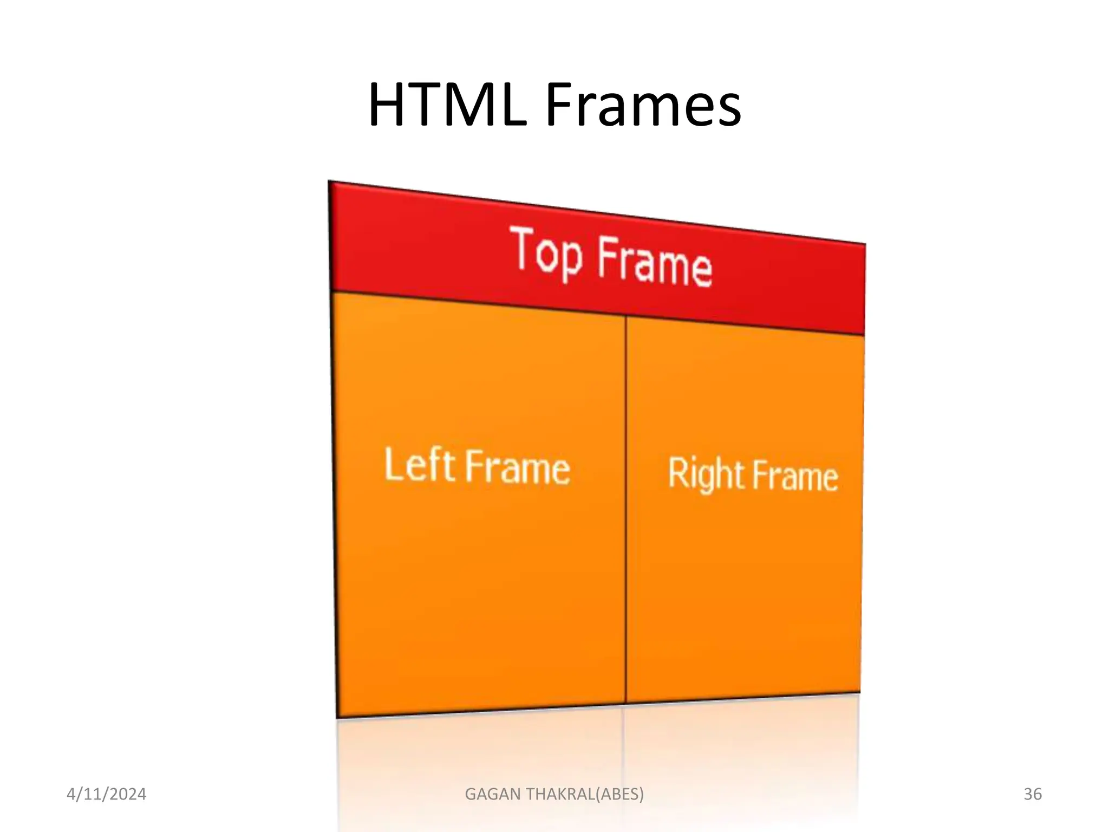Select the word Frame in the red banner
tap(655, 263)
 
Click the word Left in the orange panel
tap(419, 465)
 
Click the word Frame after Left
tap(518, 467)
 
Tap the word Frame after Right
tap(795, 476)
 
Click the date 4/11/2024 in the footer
tap(106, 794)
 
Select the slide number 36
tap(1033, 794)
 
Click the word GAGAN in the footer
tap(493, 794)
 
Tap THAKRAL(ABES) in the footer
tap(585, 794)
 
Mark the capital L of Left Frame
tap(393, 464)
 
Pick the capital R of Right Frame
tap(677, 472)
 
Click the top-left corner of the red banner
tap(330, 182)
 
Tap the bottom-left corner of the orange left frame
tap(337, 717)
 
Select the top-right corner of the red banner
tap(865, 244)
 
